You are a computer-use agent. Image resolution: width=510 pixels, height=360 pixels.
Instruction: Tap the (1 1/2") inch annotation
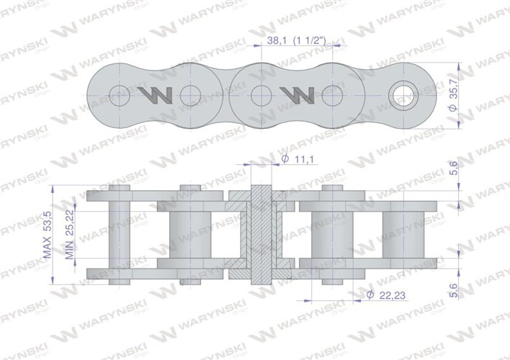pyautogui.click(x=309, y=40)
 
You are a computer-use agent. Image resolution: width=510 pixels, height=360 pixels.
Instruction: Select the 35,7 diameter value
pyautogui.click(x=453, y=89)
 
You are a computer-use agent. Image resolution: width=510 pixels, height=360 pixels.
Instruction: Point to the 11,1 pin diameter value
pyautogui.click(x=305, y=159)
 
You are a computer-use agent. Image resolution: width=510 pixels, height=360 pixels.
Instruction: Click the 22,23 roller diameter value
pyautogui.click(x=393, y=295)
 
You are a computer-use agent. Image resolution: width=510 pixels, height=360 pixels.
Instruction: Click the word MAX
pyautogui.click(x=48, y=248)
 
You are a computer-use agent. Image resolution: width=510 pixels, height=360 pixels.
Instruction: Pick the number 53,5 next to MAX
pyautogui.click(x=48, y=222)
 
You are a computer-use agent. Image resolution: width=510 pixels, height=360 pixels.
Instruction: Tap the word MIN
pyautogui.click(x=70, y=251)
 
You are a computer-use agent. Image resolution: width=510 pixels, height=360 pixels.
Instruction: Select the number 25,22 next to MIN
pyautogui.click(x=70, y=224)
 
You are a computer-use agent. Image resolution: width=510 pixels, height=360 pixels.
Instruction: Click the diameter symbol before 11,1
pyautogui.click(x=285, y=159)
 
